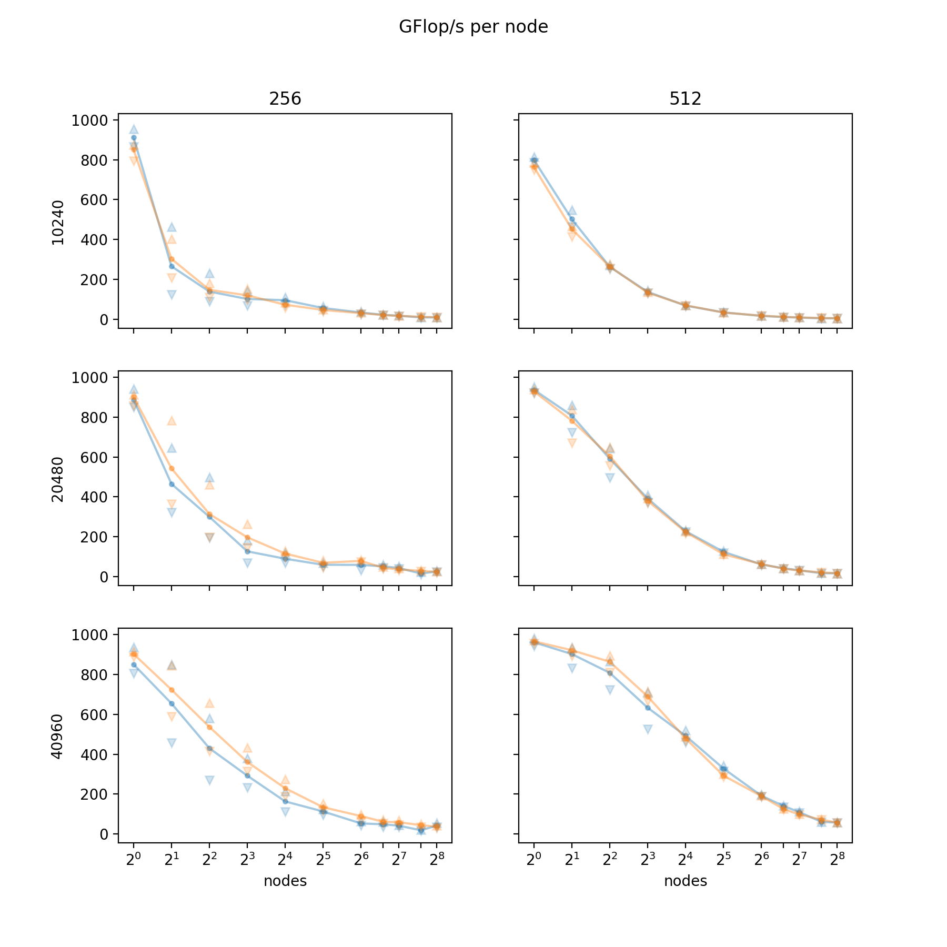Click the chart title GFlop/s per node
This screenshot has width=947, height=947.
point(473,27)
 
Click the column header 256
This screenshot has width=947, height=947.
point(285,98)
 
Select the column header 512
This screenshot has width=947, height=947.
point(685,98)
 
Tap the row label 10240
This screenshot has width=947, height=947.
point(58,222)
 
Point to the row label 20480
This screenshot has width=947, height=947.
point(58,479)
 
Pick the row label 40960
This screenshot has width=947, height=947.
point(58,736)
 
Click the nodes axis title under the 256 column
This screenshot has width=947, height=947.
point(285,881)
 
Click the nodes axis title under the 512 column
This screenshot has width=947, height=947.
point(685,881)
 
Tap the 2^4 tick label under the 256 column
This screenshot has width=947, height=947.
point(285,860)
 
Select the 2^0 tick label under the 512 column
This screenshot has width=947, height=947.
point(533,860)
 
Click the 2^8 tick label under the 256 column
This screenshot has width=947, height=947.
point(437,860)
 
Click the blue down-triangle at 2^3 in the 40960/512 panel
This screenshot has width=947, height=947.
point(648,729)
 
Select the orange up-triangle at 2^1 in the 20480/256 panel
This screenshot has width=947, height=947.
point(172,420)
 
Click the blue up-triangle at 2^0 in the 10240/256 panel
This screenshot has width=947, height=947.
point(134,129)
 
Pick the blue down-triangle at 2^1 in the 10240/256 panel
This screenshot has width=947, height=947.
point(172,295)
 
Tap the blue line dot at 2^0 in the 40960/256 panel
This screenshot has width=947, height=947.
point(134,665)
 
